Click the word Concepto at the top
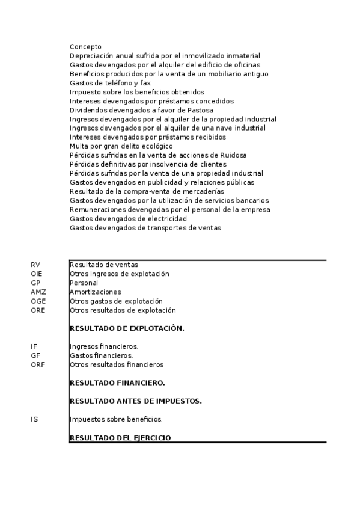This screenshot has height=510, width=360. click(x=85, y=47)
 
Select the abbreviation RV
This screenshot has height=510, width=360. click(x=35, y=265)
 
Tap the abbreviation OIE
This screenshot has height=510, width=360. click(x=37, y=274)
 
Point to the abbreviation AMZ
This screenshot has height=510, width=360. click(x=38, y=292)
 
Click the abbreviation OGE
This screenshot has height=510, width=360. click(x=38, y=301)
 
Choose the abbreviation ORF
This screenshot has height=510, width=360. click(x=38, y=364)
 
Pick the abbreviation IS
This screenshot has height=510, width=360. click(x=34, y=419)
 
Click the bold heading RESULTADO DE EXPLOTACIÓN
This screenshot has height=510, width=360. click(x=127, y=328)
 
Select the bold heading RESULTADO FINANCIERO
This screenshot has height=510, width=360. click(x=117, y=382)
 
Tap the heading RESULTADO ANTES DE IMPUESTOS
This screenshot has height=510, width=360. click(x=136, y=401)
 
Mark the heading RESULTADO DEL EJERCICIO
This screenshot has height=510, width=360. click(x=120, y=438)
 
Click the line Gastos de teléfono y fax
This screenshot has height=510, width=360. click(x=110, y=83)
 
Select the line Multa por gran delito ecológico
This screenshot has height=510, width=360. click(x=121, y=146)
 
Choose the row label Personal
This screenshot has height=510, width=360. click(x=84, y=283)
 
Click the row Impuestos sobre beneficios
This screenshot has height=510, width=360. click(x=116, y=419)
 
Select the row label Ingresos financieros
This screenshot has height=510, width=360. click(x=104, y=346)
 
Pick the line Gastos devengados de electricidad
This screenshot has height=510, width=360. click(x=128, y=219)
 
